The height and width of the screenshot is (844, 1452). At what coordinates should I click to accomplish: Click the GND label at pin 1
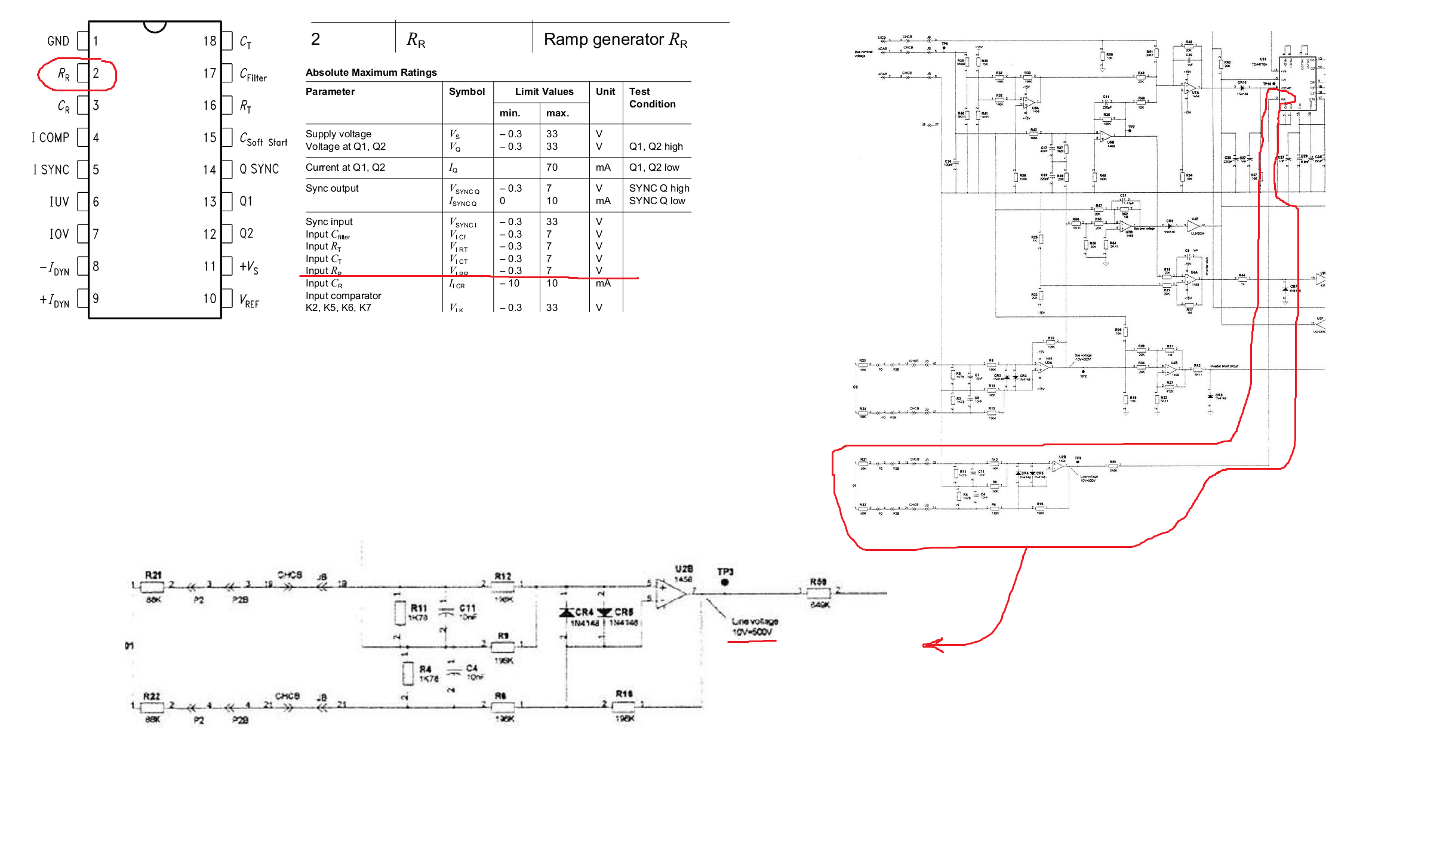tap(58, 41)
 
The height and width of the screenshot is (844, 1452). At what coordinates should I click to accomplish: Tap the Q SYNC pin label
tap(259, 170)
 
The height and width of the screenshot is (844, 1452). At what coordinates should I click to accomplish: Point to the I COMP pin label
tap(50, 138)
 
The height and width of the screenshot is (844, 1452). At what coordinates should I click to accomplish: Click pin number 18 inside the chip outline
tap(210, 41)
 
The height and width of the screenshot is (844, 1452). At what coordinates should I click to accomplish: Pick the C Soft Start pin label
tap(263, 140)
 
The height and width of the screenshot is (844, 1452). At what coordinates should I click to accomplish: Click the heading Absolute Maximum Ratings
tap(371, 72)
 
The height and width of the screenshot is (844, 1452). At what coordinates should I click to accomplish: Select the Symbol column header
tap(466, 91)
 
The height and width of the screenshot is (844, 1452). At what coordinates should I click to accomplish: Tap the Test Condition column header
tap(652, 97)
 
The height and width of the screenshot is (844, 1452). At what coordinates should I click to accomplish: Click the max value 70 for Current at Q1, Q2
tap(552, 167)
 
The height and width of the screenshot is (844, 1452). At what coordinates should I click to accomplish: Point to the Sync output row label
tap(332, 188)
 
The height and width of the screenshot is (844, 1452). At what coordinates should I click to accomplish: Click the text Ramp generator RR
tap(616, 39)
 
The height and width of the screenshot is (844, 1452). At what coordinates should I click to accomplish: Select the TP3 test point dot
tap(725, 582)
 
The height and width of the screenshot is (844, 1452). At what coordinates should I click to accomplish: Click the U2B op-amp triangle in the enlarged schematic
tap(670, 593)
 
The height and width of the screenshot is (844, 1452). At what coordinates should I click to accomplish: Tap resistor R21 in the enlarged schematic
tap(153, 587)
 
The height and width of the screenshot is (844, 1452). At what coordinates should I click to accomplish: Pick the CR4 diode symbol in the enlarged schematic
tap(567, 612)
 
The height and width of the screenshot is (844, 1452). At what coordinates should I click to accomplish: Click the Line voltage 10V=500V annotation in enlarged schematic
tap(753, 627)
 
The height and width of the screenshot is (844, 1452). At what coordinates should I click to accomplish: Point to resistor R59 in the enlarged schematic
tap(819, 593)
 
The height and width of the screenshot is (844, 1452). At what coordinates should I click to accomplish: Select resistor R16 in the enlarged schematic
tap(624, 706)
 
